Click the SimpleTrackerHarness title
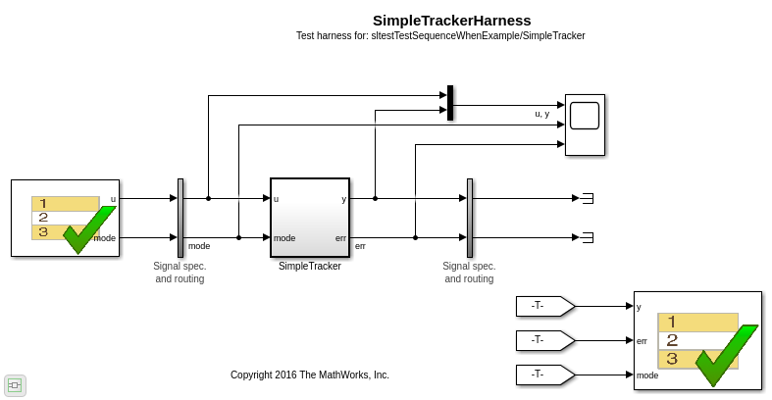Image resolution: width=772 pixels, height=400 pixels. point(451,21)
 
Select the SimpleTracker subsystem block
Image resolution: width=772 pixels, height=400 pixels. point(310,218)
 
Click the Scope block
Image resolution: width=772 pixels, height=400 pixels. point(585,125)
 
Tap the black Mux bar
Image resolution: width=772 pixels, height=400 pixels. point(450,103)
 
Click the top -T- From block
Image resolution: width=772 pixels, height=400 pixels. point(545,306)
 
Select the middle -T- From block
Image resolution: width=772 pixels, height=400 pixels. point(545,340)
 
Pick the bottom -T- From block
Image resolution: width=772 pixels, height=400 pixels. point(545,375)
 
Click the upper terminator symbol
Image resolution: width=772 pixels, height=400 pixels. point(589,198)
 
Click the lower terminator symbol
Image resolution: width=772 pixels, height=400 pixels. point(589,237)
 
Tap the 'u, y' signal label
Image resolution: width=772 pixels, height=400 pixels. point(542,114)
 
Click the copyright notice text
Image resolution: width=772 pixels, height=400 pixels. point(310,375)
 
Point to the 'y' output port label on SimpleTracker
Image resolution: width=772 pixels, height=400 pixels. point(343,199)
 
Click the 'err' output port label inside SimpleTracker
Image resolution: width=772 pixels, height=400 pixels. point(340,238)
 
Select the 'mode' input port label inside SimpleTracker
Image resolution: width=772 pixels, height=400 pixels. point(284,238)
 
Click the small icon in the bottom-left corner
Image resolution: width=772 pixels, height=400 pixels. point(15,385)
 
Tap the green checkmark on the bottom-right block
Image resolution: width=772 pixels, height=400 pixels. point(725,354)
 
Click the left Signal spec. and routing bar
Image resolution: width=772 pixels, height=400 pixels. point(180,218)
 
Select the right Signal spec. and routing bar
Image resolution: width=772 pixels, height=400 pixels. point(470,218)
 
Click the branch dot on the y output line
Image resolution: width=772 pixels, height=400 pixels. point(375,198)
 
